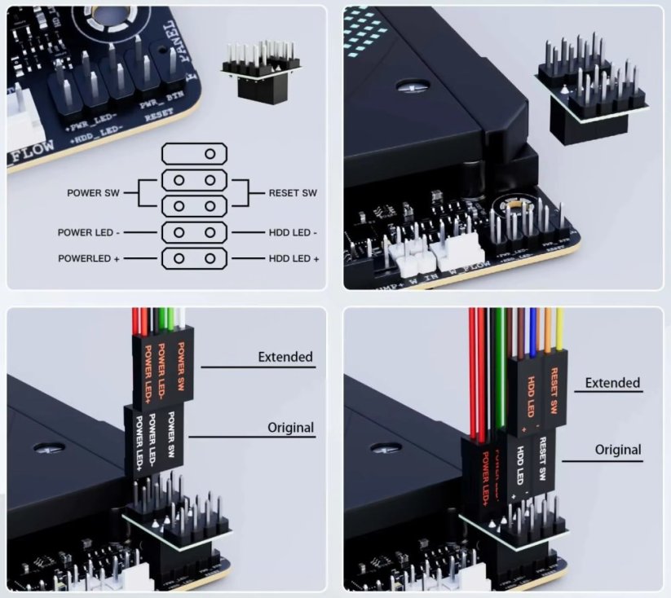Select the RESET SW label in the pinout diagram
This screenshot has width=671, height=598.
pyautogui.click(x=293, y=193)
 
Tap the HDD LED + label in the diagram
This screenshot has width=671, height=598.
pyautogui.click(x=294, y=258)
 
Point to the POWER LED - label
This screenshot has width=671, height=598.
pyautogui.click(x=89, y=232)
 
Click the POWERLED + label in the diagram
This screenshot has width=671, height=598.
pyautogui.click(x=90, y=258)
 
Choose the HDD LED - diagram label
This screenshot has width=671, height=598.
pyautogui.click(x=293, y=232)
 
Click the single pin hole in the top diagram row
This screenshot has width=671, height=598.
pyautogui.click(x=210, y=153)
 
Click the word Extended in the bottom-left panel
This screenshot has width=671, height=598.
pyautogui.click(x=285, y=357)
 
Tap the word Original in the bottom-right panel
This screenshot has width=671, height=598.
pyautogui.click(x=617, y=450)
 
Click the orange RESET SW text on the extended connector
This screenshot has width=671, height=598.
pyautogui.click(x=554, y=390)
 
